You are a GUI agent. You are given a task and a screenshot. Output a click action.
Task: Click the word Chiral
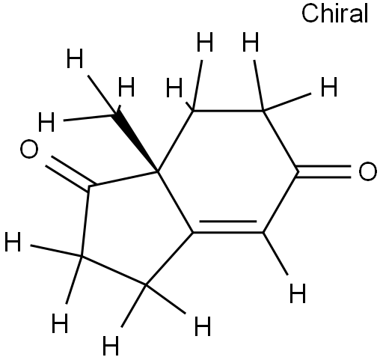pos(334,13)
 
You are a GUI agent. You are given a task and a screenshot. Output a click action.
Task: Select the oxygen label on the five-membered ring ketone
pos(29,149)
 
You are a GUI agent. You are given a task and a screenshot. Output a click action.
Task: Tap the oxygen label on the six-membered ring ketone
pos(367,171)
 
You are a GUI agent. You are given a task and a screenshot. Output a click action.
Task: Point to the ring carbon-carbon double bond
pos(228,227)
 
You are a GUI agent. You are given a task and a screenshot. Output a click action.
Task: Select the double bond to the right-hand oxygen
pos(324,171)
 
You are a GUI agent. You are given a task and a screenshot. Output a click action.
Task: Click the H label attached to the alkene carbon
pos(298,293)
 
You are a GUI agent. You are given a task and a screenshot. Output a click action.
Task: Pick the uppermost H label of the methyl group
pos(75,58)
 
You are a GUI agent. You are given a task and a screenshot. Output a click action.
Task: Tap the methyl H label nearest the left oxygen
pos(46,122)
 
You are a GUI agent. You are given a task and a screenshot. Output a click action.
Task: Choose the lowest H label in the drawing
pos(111,346)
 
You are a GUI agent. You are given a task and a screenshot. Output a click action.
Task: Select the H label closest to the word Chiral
pos(329,87)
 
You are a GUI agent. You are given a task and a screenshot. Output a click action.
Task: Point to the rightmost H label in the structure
pos(329,87)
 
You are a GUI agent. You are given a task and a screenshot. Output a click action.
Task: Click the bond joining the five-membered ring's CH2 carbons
pos(114,270)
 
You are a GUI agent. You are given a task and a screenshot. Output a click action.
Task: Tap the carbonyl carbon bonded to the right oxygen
pos(298,171)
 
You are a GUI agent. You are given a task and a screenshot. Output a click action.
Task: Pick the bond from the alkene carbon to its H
pos(275,254)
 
